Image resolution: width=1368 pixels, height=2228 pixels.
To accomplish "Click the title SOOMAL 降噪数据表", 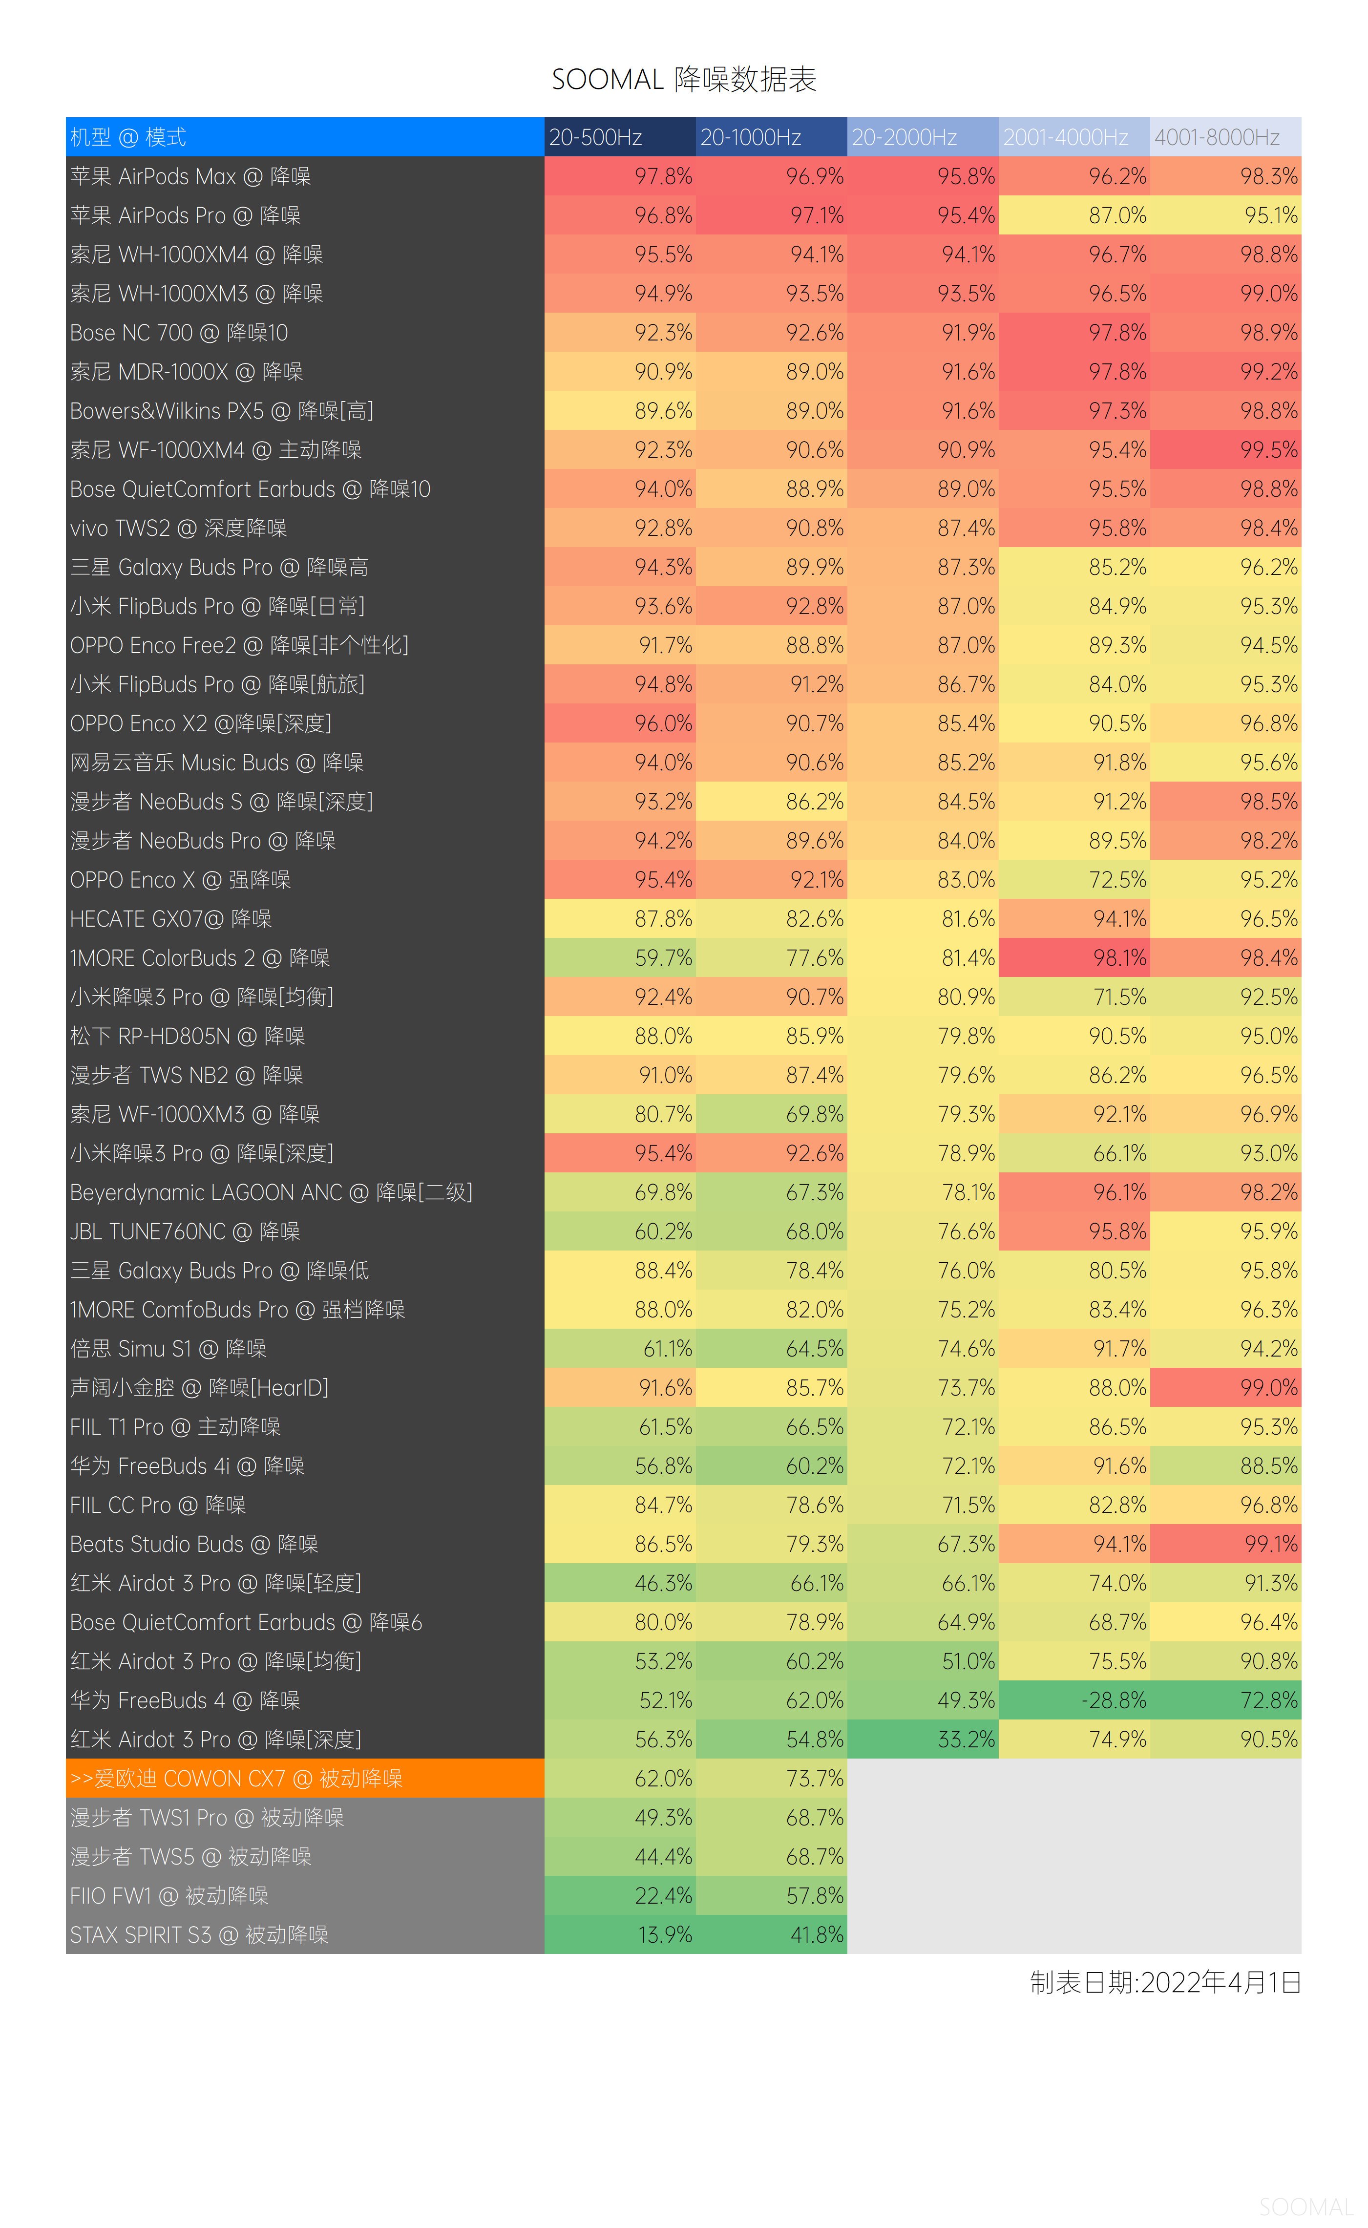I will (x=683, y=80).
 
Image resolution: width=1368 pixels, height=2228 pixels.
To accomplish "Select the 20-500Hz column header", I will (x=620, y=138).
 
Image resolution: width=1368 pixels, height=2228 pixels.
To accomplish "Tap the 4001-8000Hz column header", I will (x=1225, y=138).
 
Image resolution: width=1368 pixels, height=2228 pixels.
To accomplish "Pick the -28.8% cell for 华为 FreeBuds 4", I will (x=1074, y=1700).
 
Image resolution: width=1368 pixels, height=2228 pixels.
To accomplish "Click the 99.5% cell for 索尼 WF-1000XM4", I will (x=1225, y=450).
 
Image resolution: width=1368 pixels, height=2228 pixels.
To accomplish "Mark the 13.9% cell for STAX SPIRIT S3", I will (x=620, y=1935).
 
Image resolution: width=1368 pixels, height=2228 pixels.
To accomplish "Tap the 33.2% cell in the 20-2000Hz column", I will (x=923, y=1740).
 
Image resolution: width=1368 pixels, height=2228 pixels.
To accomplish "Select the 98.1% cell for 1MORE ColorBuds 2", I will (x=1074, y=957).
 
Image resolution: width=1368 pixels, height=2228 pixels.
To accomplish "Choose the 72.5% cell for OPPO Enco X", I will (x=1074, y=880).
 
